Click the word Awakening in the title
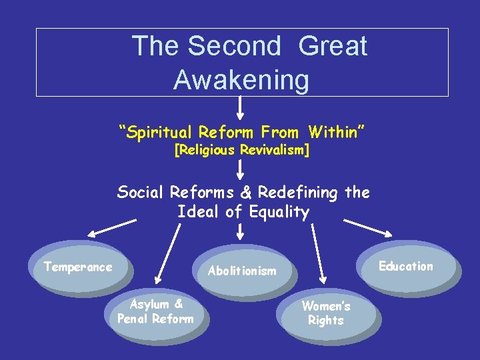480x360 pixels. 241,81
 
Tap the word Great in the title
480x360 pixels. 333,46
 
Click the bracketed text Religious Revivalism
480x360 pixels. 241,151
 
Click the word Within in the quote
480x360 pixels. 337,132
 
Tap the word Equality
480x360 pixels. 279,213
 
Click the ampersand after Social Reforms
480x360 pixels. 244,193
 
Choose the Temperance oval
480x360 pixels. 78,268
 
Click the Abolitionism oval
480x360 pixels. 242,271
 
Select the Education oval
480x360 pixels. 406,267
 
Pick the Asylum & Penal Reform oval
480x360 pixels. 155,312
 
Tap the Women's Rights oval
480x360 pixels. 327,313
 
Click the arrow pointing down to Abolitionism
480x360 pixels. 241,231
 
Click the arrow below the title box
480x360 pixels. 241,107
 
